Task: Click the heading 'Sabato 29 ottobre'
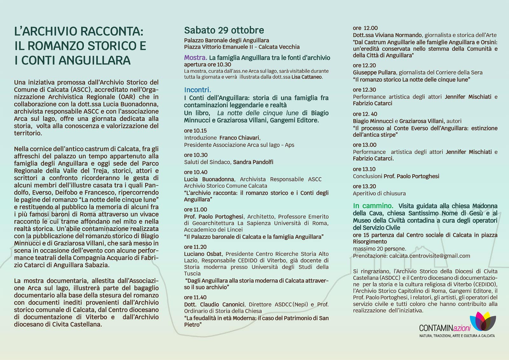[x=224, y=30]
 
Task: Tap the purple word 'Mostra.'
[x=195, y=58]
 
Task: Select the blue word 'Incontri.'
[x=197, y=90]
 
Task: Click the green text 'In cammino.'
[x=373, y=206]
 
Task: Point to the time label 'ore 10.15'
[x=195, y=131]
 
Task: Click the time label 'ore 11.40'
[x=195, y=297]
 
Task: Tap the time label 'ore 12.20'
[x=364, y=65]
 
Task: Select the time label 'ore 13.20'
[x=364, y=186]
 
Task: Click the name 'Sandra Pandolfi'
[x=253, y=162]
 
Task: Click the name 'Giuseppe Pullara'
[x=374, y=72]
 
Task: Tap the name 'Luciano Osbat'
[x=203, y=254]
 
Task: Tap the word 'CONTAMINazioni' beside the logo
[x=444, y=328]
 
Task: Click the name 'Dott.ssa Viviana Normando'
[x=387, y=35]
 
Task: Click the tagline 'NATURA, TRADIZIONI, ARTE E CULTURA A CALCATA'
[x=457, y=336]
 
